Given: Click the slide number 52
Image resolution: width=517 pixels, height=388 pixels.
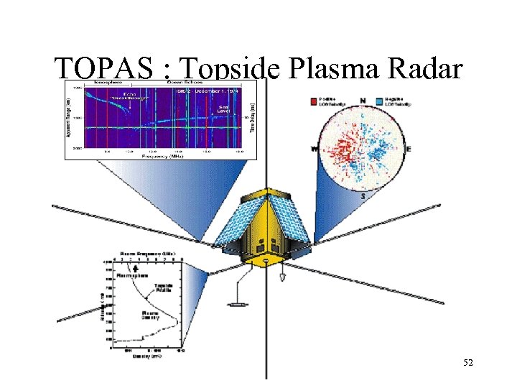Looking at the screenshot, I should pos(468,364).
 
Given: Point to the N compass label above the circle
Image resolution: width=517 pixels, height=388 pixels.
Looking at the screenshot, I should pos(362,99).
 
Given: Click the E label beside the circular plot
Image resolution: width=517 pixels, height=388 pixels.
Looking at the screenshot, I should pos(409,149).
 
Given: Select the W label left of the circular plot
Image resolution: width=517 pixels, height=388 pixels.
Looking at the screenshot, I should pos(313,149).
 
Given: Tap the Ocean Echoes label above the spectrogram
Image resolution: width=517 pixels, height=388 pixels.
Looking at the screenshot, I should pos(185,83).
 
